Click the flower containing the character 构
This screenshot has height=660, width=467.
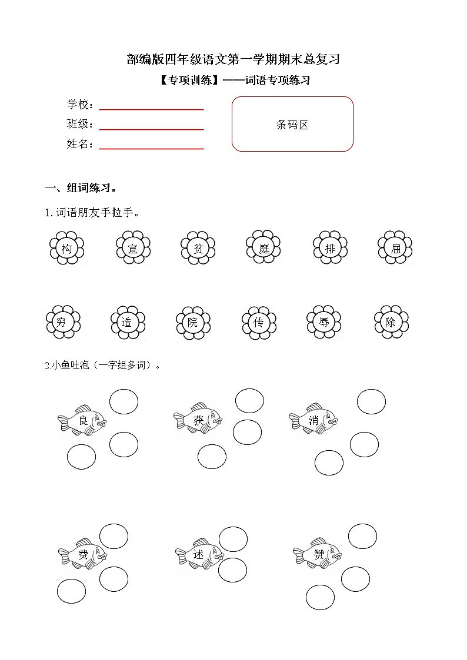pos(67,249)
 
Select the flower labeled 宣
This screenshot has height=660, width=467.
pos(133,249)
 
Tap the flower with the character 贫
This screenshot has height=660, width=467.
pos(198,249)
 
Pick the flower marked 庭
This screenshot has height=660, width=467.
pos(263,249)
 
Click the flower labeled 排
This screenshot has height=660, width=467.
pos(331,249)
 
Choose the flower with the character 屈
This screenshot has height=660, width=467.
pos(395,249)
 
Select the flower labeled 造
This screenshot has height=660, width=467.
pos(127,322)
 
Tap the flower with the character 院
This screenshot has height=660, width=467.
pos(193,322)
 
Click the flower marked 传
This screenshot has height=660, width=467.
pos(258,322)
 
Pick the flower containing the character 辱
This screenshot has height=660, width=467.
pos(324,322)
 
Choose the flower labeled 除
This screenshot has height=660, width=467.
pos(391,322)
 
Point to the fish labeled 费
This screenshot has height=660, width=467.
pos(83,554)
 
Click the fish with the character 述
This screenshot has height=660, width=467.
pos(199,554)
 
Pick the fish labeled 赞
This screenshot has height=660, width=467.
pos(318,554)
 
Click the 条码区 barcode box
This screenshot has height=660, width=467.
pos(292,124)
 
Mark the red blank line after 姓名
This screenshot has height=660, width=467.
pos(151,148)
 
